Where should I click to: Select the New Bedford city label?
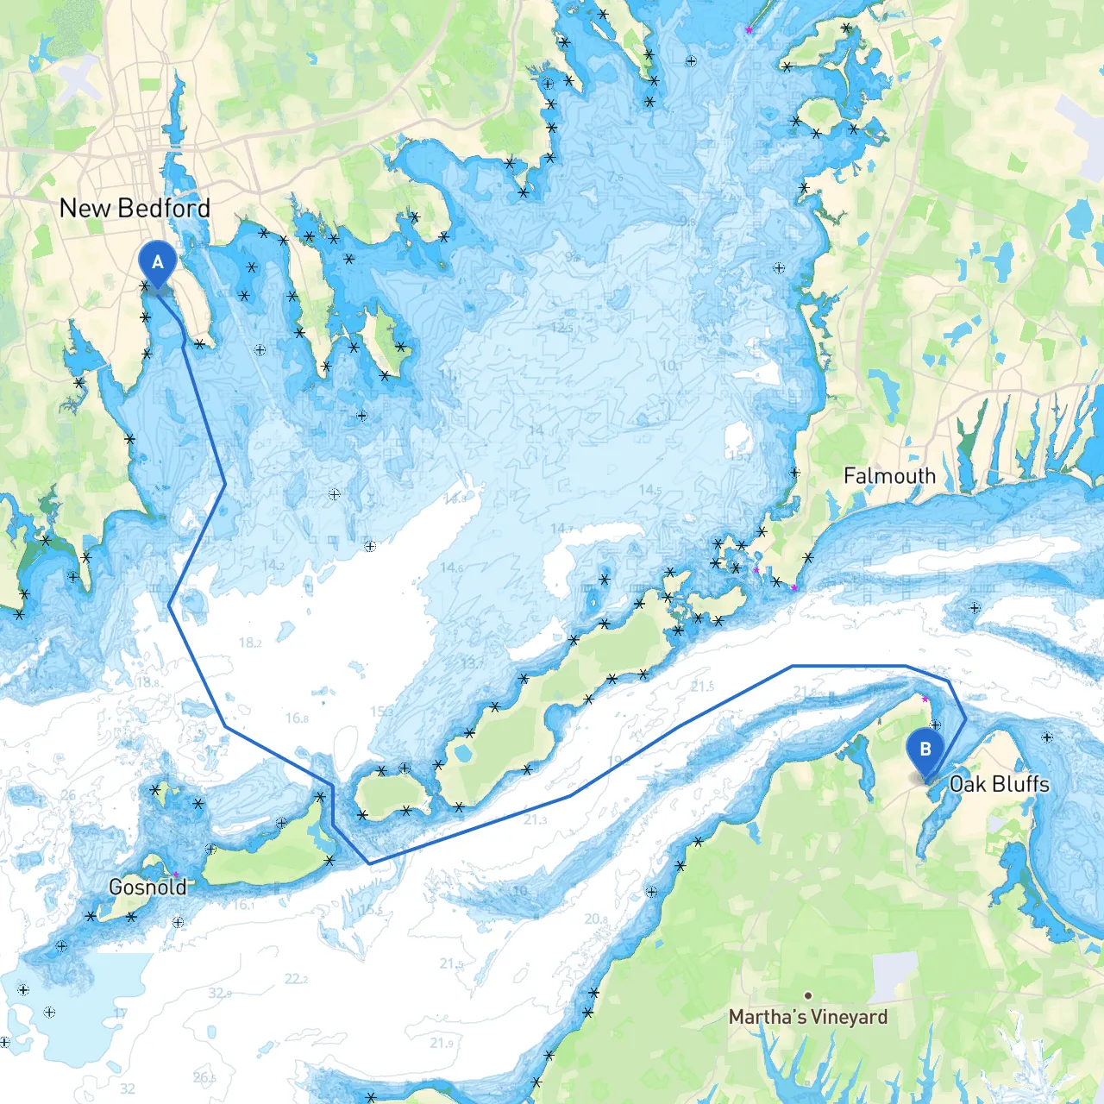(x=135, y=209)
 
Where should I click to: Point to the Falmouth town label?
(x=889, y=476)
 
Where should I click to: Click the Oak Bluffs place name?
(x=999, y=784)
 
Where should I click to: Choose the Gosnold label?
(x=147, y=888)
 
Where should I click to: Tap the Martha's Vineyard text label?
(x=807, y=1017)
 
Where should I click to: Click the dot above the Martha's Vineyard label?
(x=807, y=995)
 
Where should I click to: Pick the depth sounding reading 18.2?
(x=250, y=643)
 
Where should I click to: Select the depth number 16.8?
(x=297, y=718)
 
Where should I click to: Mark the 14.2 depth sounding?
(x=273, y=565)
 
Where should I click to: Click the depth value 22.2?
(x=296, y=979)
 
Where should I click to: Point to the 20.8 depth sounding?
(x=596, y=919)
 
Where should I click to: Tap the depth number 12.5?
(x=561, y=328)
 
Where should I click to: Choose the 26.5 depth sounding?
(x=204, y=1077)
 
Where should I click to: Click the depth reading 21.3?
(x=535, y=819)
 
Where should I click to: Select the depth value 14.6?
(x=451, y=568)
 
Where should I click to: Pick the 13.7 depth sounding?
(x=474, y=663)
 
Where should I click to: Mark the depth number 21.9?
(x=442, y=1043)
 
